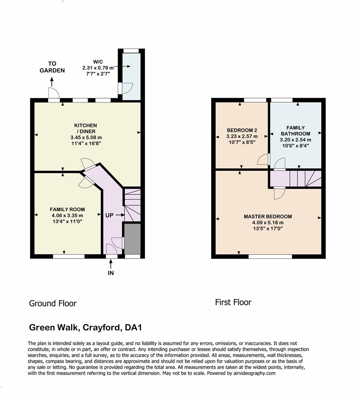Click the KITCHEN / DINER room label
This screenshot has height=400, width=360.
(85, 129)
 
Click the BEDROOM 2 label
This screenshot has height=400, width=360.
(242, 130)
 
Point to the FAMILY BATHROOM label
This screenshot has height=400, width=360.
(295, 131)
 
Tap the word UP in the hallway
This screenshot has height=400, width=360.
(110, 215)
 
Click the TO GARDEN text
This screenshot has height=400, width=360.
(52, 67)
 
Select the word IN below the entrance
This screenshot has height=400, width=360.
(111, 273)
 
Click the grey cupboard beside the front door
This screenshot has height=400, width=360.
(132, 239)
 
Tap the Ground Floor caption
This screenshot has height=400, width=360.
(53, 303)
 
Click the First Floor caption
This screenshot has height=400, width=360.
(233, 302)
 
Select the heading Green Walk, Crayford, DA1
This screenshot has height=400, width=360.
(85, 327)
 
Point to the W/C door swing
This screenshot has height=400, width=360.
(127, 88)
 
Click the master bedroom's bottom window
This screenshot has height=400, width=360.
(270, 256)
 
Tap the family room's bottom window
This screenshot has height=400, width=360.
(68, 256)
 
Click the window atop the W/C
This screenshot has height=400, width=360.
(131, 51)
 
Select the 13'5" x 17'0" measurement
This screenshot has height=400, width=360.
(268, 228)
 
